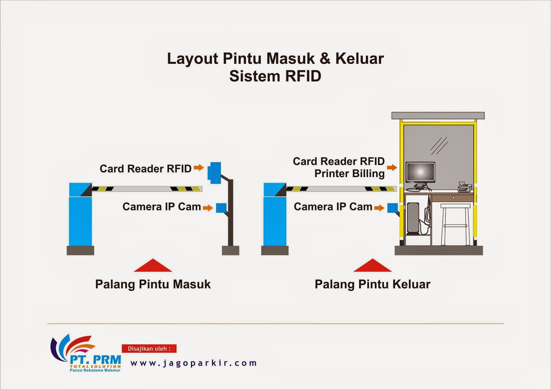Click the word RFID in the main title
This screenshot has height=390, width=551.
(303, 76)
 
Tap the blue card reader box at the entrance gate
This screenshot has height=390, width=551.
(215, 172)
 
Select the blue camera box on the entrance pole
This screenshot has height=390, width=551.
(221, 208)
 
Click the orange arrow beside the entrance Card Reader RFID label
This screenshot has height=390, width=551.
(199, 168)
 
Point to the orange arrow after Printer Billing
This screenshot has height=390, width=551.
(392, 168)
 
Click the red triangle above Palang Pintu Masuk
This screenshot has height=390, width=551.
(153, 266)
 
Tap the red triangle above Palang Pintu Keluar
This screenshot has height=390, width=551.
(373, 266)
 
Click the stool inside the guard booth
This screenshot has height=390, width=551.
(455, 224)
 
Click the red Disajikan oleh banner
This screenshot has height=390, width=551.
(149, 349)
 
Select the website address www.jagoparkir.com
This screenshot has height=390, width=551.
(194, 363)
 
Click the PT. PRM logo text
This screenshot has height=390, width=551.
(95, 360)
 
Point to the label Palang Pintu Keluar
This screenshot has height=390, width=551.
(373, 284)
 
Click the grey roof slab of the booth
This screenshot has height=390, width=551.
(438, 115)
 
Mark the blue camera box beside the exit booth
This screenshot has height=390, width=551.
(393, 208)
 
